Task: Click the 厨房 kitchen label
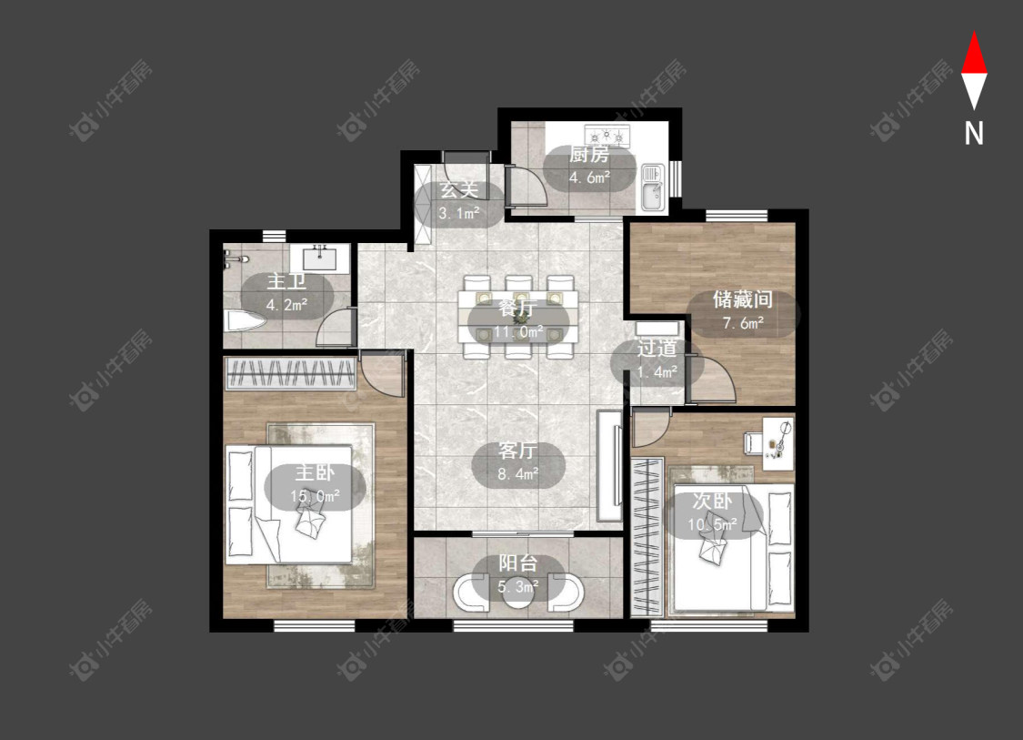[589, 154]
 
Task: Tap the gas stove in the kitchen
[607, 136]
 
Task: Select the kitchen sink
[652, 188]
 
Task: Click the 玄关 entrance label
[459, 189]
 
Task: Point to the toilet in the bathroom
[244, 320]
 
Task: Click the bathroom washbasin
[320, 258]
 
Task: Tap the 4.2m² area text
[287, 304]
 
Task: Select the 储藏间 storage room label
[742, 299]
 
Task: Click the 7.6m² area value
[743, 322]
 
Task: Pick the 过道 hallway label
[657, 348]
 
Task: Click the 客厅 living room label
[517, 450]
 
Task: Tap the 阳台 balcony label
[518, 563]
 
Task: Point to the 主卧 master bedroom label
[315, 472]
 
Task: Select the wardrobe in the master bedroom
[290, 374]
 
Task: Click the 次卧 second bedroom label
[712, 501]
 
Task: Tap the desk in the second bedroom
[778, 443]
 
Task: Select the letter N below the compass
[974, 133]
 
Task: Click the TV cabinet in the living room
[609, 466]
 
